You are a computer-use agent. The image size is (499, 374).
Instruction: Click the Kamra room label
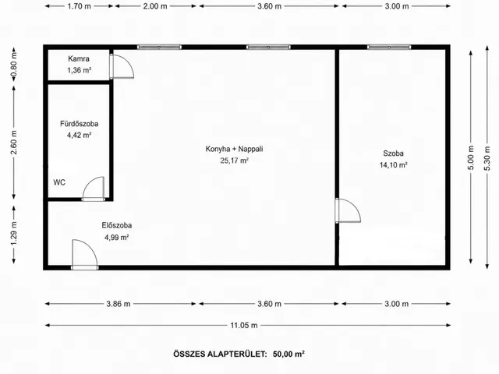point(79,59)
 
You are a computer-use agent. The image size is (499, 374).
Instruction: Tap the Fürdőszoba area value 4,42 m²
point(80,135)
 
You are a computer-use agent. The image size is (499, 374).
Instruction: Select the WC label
point(59,182)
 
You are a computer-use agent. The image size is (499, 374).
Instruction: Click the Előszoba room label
point(117,225)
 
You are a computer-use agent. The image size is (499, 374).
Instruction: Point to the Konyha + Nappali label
point(234,149)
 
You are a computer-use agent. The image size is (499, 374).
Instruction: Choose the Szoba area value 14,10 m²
point(393,165)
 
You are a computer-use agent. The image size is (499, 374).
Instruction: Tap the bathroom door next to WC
point(94,189)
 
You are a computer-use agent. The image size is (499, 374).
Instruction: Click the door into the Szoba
point(348,210)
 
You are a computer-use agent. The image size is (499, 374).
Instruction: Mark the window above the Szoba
point(389,47)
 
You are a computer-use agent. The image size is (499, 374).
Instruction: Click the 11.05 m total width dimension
point(244,326)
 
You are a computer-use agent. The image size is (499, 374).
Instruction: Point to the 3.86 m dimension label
point(119,304)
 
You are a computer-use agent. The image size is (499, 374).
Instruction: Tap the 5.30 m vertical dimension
point(487,157)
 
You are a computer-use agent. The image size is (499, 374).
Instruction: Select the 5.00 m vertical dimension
point(471,157)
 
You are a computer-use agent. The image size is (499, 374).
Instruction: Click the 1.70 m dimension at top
point(80,6)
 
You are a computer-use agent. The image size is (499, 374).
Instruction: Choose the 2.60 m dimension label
point(14,143)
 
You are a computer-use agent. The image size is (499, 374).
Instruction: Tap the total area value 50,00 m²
point(288,354)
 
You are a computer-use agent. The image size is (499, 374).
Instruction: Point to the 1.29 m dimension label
point(14,234)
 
